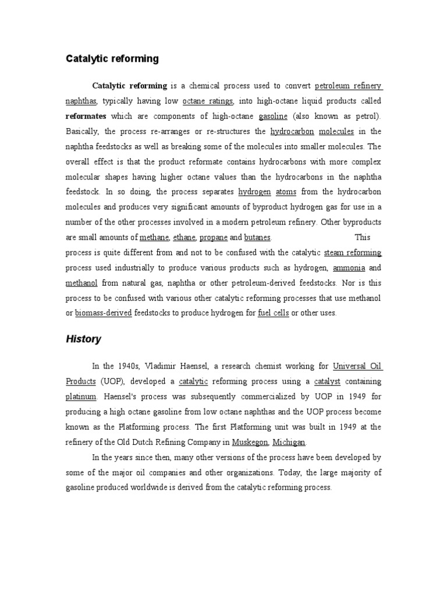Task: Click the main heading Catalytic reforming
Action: tap(111, 58)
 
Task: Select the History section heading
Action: tap(83, 339)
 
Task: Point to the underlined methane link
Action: tap(154, 237)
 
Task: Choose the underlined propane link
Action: tap(214, 237)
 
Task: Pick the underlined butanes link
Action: tap(257, 237)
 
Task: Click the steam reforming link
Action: tap(353, 252)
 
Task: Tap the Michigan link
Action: tap(288, 442)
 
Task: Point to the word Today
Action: tap(292, 472)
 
